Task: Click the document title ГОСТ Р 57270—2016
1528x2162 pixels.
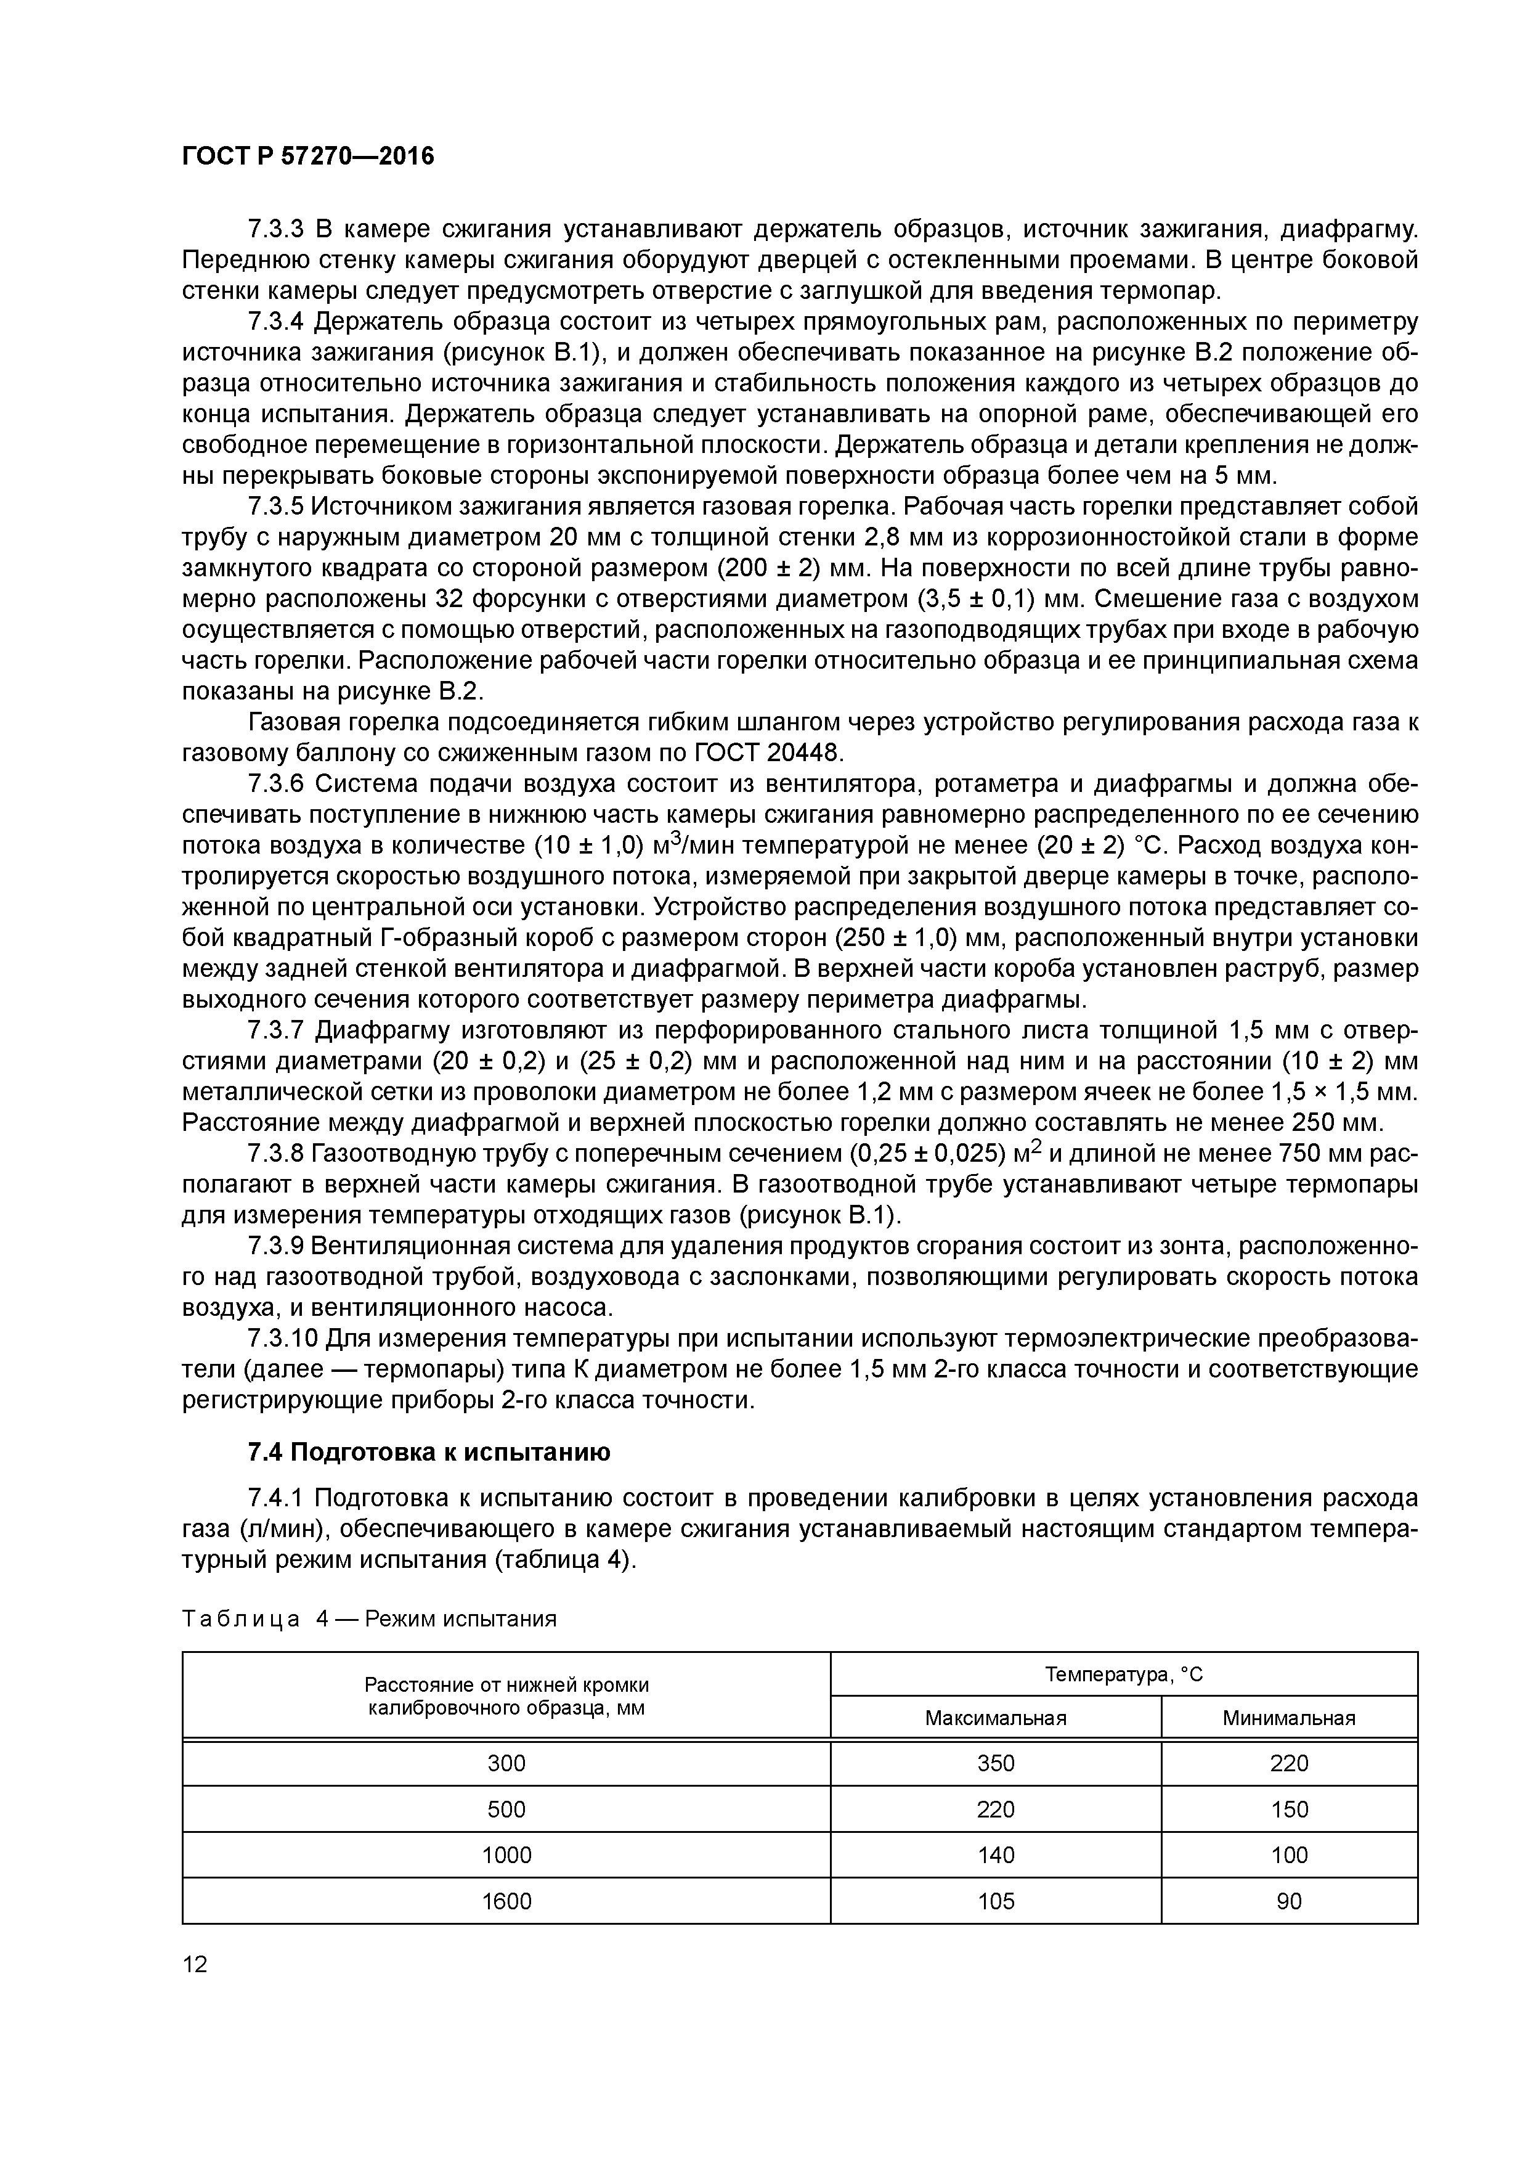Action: [308, 157]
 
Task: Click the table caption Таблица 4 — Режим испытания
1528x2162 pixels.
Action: [369, 1618]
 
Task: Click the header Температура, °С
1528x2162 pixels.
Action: [1123, 1675]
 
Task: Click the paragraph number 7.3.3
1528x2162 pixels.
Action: [277, 229]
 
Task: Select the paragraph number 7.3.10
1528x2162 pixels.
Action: [283, 1338]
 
